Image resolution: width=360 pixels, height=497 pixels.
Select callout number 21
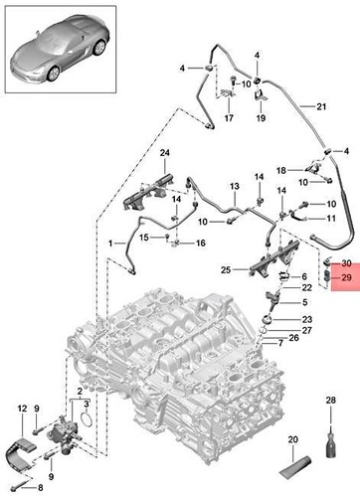321,107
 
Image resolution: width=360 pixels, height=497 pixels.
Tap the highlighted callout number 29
346,279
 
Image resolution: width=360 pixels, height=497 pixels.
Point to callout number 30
346,263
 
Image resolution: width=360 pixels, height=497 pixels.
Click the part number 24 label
164,152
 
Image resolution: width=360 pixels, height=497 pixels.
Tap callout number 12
22,409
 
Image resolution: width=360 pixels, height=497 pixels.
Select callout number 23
307,319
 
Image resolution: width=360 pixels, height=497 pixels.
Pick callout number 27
307,330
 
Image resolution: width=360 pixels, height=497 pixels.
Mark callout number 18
281,170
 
